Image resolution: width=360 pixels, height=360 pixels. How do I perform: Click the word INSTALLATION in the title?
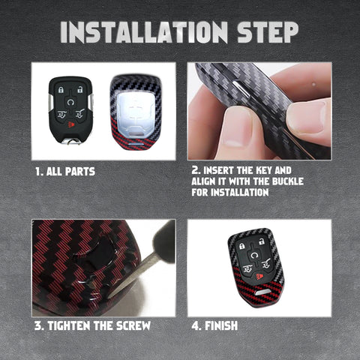click(144, 32)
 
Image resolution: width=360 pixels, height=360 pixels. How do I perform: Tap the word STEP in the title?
click(268, 32)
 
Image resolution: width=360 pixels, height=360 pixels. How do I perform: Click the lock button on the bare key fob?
click(61, 90)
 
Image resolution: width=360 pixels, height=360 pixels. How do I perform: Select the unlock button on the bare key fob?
click(79, 89)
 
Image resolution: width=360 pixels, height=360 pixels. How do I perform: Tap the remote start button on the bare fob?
click(70, 102)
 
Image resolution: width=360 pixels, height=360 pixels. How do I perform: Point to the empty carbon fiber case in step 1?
click(136, 112)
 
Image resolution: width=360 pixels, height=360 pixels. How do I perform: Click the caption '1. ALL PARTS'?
click(65, 172)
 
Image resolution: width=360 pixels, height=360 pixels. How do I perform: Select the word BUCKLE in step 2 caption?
click(288, 181)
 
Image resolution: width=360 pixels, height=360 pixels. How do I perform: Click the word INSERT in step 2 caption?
click(219, 170)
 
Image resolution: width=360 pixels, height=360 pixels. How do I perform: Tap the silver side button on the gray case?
click(241, 88)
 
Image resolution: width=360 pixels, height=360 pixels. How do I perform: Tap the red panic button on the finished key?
click(259, 276)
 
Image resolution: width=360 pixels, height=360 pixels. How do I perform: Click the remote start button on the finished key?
click(254, 255)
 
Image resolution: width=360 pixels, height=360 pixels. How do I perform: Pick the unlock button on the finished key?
click(262, 241)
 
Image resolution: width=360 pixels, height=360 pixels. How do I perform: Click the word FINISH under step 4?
click(221, 326)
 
